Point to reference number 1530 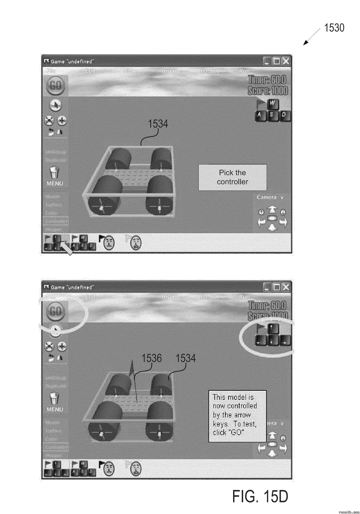pyautogui.click(x=334, y=28)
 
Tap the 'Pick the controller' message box pyautogui.click(x=232, y=177)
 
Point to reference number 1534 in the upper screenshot pyautogui.click(x=157, y=124)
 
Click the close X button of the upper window pyautogui.click(x=285, y=61)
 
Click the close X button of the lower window pyautogui.click(x=285, y=287)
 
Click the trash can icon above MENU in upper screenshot pyautogui.click(x=55, y=172)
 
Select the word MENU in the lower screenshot pyautogui.click(x=54, y=410)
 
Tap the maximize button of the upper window pyautogui.click(x=276, y=61)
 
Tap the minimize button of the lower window pyautogui.click(x=267, y=287)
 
